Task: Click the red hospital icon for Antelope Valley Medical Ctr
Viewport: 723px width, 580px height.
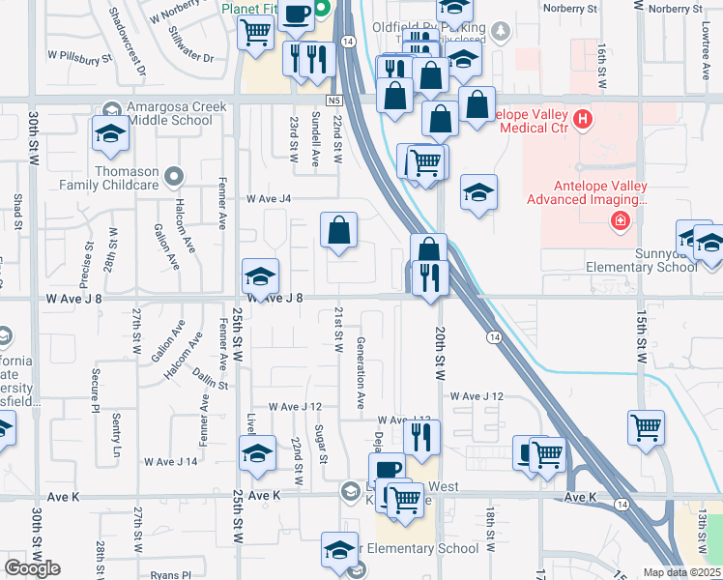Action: (583, 120)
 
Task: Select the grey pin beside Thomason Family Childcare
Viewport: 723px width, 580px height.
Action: (173, 175)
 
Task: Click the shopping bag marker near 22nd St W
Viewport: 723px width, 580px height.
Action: (339, 233)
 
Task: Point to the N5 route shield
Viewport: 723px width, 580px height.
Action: (334, 99)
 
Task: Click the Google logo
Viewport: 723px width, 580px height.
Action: (33, 567)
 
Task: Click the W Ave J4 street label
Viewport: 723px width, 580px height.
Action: (269, 199)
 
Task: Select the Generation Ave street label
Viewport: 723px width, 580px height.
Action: (361, 373)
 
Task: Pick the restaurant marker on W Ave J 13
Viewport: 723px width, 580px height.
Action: (422, 438)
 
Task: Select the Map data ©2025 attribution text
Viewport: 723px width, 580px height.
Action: (681, 572)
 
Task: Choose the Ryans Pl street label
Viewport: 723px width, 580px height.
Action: (172, 575)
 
